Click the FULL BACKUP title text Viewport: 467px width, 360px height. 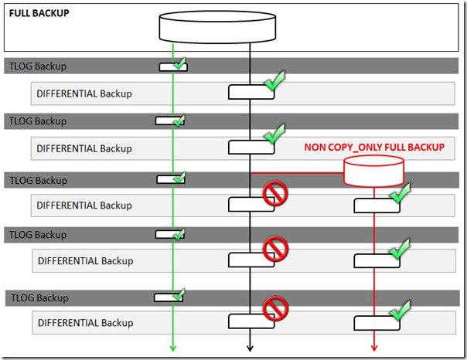coord(39,13)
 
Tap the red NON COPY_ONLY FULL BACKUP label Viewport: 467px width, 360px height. coord(374,147)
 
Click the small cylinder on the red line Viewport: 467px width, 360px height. coord(374,170)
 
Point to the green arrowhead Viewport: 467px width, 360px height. coord(174,348)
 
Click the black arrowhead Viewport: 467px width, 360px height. coord(250,348)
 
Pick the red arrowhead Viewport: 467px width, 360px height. coord(374,348)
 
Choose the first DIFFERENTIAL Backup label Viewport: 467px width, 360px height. coord(84,93)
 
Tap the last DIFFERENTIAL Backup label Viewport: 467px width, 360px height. coord(84,322)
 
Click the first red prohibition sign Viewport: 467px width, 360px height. coord(275,194)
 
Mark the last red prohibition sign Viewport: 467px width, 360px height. coord(275,310)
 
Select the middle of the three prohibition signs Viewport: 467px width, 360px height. coord(275,249)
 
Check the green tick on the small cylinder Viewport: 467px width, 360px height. coord(401,192)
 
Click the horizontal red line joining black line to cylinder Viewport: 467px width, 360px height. coord(298,173)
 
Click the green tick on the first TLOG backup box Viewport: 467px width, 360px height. coord(179,63)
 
